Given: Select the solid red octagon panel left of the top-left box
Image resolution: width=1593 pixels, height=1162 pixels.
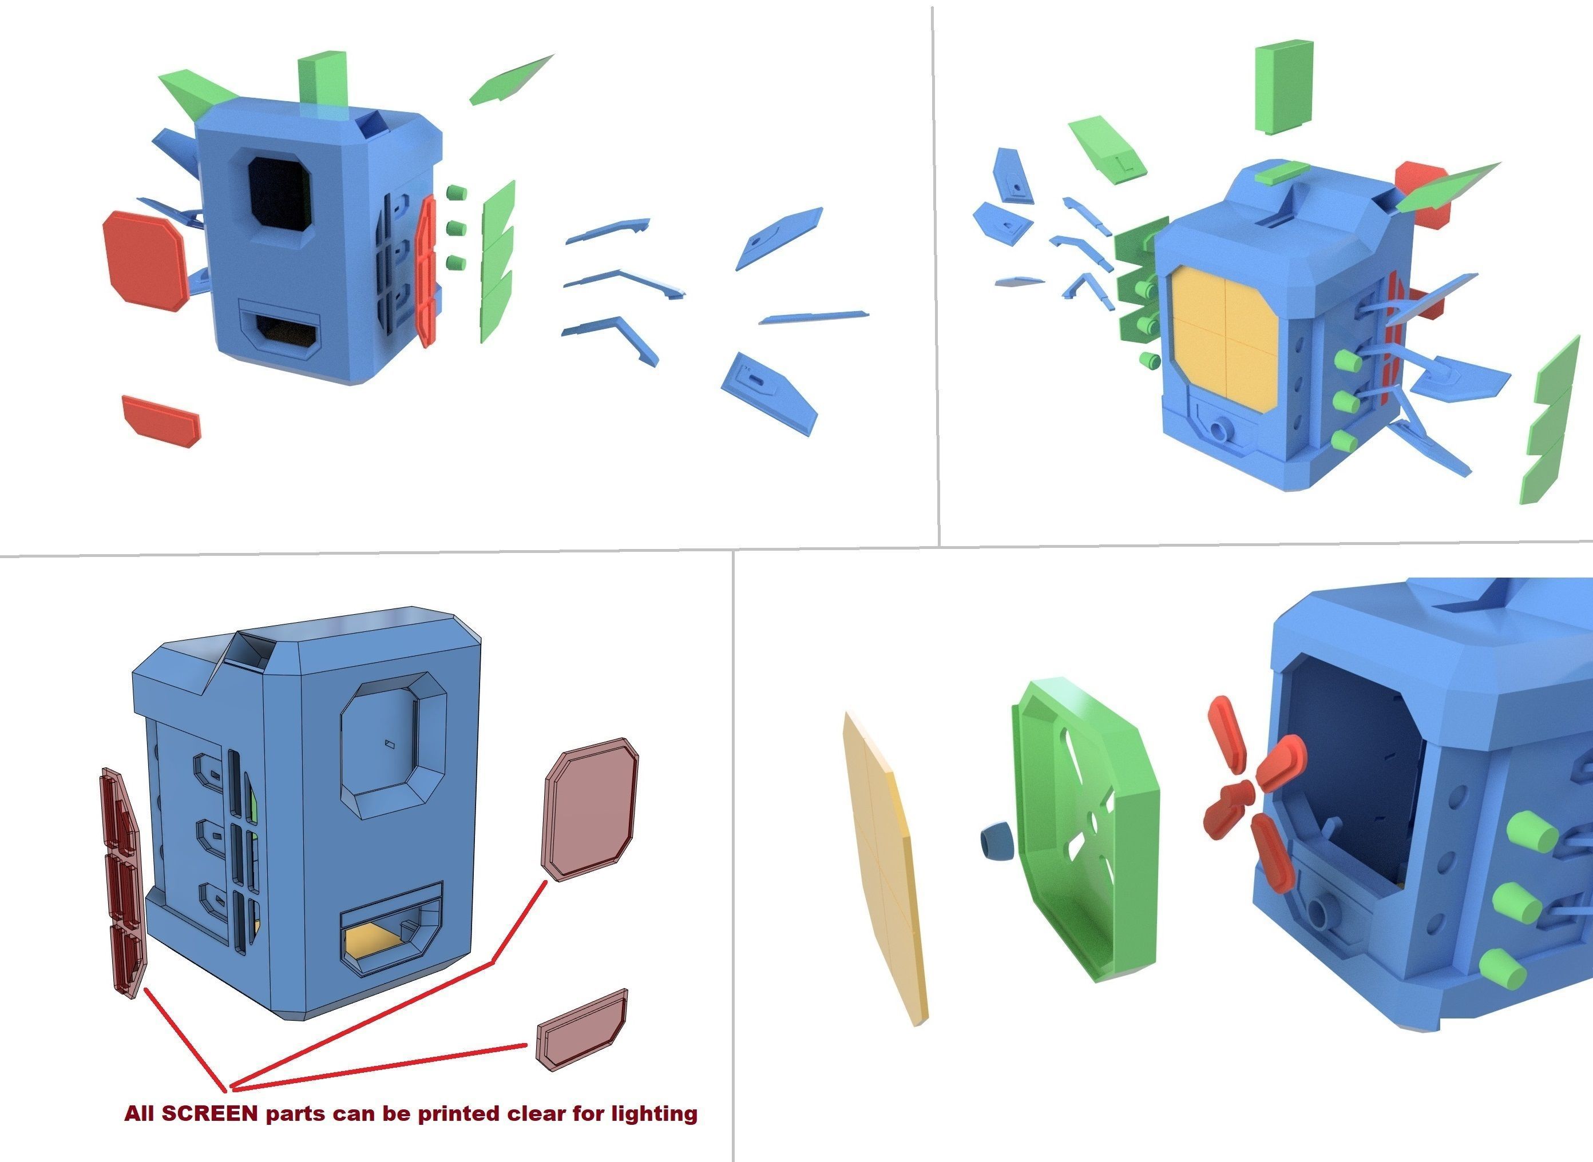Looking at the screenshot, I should click(x=145, y=259).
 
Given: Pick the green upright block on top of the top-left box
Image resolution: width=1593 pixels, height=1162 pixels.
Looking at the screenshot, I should click(x=322, y=79).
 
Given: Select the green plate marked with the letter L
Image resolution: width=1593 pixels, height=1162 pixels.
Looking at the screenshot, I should click(x=1107, y=149).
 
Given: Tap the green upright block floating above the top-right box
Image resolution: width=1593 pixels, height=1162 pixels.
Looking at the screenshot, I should click(x=1284, y=86).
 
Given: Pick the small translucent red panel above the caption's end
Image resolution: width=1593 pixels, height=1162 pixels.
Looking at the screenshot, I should click(x=582, y=1028).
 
